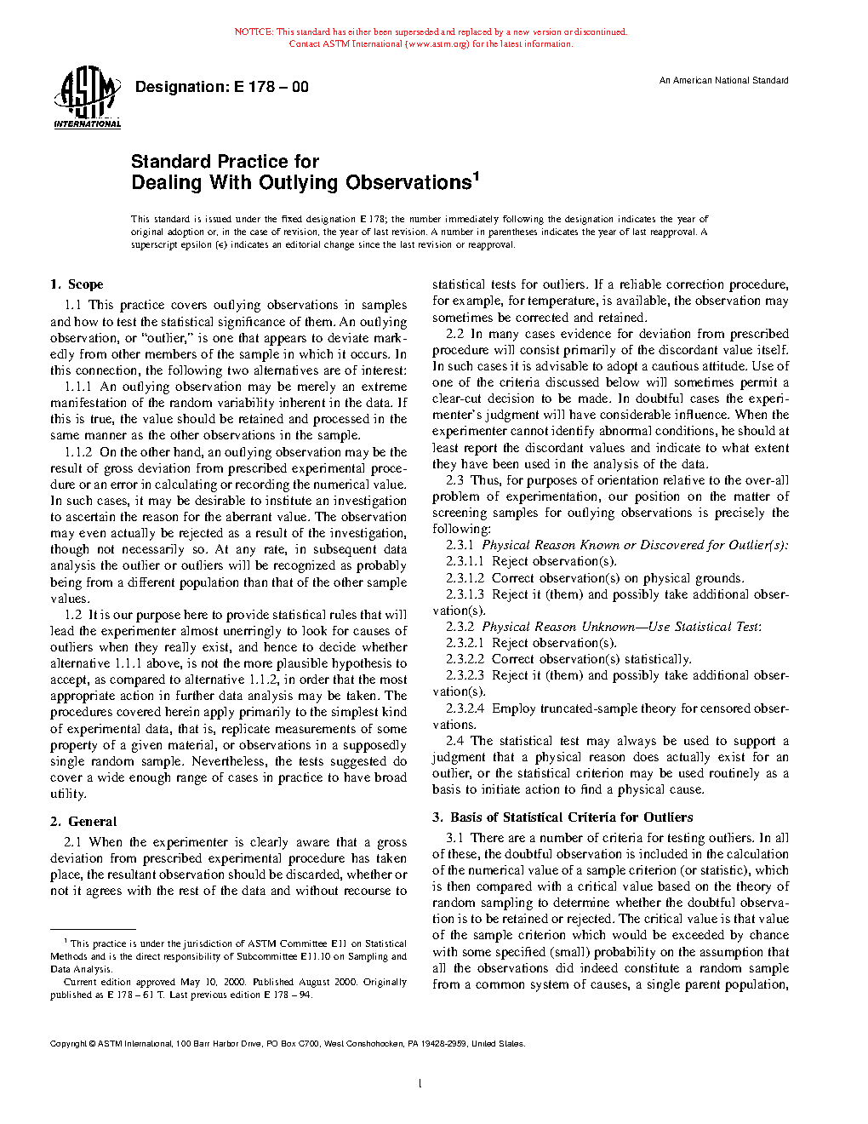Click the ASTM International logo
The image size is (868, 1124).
coord(87,99)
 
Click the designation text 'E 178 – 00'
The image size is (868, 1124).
coord(271,87)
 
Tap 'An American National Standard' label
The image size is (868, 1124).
coord(723,81)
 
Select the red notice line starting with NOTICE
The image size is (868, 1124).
coord(431,32)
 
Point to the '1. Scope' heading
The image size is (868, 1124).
coord(77,284)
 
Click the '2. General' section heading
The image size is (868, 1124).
coord(83,822)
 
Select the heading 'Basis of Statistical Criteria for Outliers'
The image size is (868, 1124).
coord(571,817)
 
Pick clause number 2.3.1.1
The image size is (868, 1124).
coord(465,561)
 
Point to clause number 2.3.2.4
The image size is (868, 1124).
coord(465,708)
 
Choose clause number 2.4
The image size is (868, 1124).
coord(454,741)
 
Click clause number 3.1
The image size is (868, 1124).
coord(454,838)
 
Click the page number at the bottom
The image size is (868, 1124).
coord(420,1084)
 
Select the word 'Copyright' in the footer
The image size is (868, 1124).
coord(68,1044)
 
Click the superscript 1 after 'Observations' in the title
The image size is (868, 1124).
coord(477,176)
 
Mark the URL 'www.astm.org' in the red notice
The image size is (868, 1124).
coord(438,44)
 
